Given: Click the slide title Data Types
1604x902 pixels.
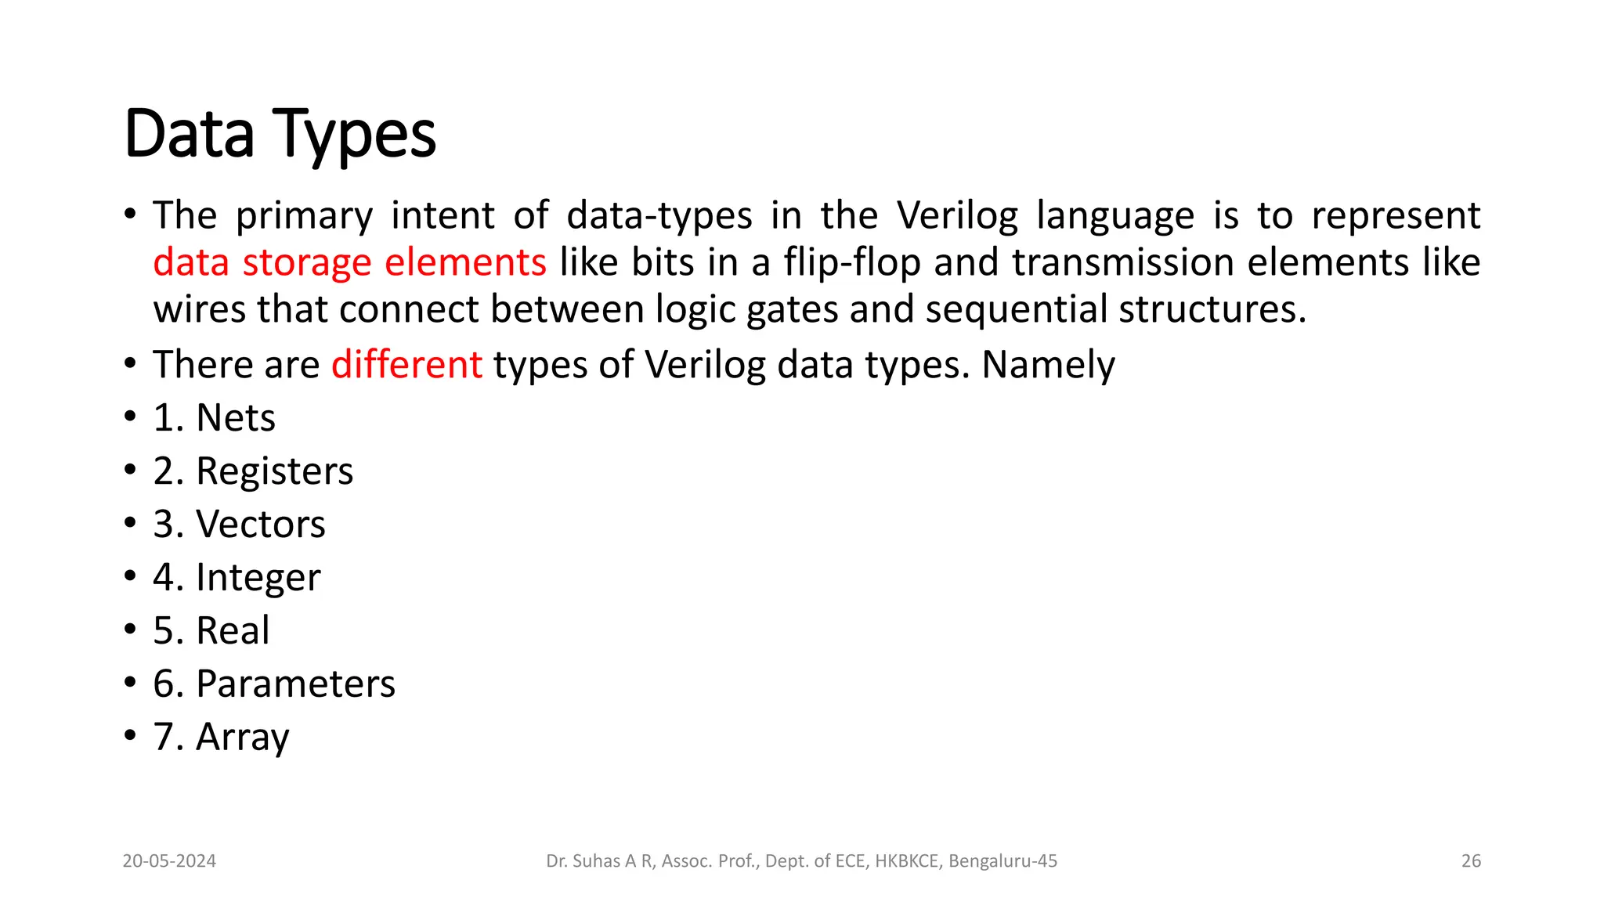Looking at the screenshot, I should [x=280, y=135].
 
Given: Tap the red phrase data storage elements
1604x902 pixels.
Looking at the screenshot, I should [x=349, y=262].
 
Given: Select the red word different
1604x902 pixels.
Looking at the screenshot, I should [x=406, y=365].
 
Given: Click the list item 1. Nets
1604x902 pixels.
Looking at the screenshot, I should [x=214, y=417].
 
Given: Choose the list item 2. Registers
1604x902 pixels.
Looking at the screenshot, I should [x=253, y=471].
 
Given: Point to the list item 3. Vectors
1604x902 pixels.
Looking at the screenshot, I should [x=239, y=524].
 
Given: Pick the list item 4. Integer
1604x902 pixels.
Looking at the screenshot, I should [x=237, y=578].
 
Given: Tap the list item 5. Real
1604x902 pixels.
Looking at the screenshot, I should [x=211, y=630].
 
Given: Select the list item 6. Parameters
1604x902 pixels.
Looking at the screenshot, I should [x=274, y=684].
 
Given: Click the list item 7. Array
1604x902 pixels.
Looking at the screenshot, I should [x=221, y=737].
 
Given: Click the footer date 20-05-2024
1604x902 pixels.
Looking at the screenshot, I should [x=169, y=861].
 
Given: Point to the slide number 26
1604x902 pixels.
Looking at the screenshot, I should [x=1471, y=861].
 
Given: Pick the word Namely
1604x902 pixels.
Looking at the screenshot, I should [x=1048, y=365].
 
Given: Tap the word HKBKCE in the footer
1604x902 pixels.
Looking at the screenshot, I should [x=906, y=861].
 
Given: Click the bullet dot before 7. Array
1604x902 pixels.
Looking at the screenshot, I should [x=130, y=736].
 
